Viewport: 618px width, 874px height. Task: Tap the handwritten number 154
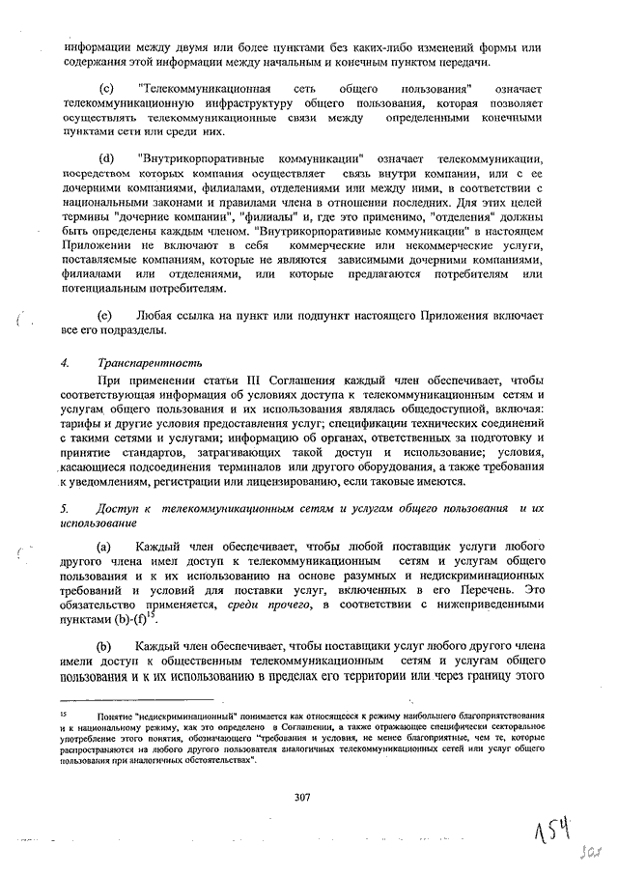555,826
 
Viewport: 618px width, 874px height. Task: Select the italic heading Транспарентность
150,363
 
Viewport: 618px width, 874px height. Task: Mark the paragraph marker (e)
107,316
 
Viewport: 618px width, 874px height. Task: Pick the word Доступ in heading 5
116,507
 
